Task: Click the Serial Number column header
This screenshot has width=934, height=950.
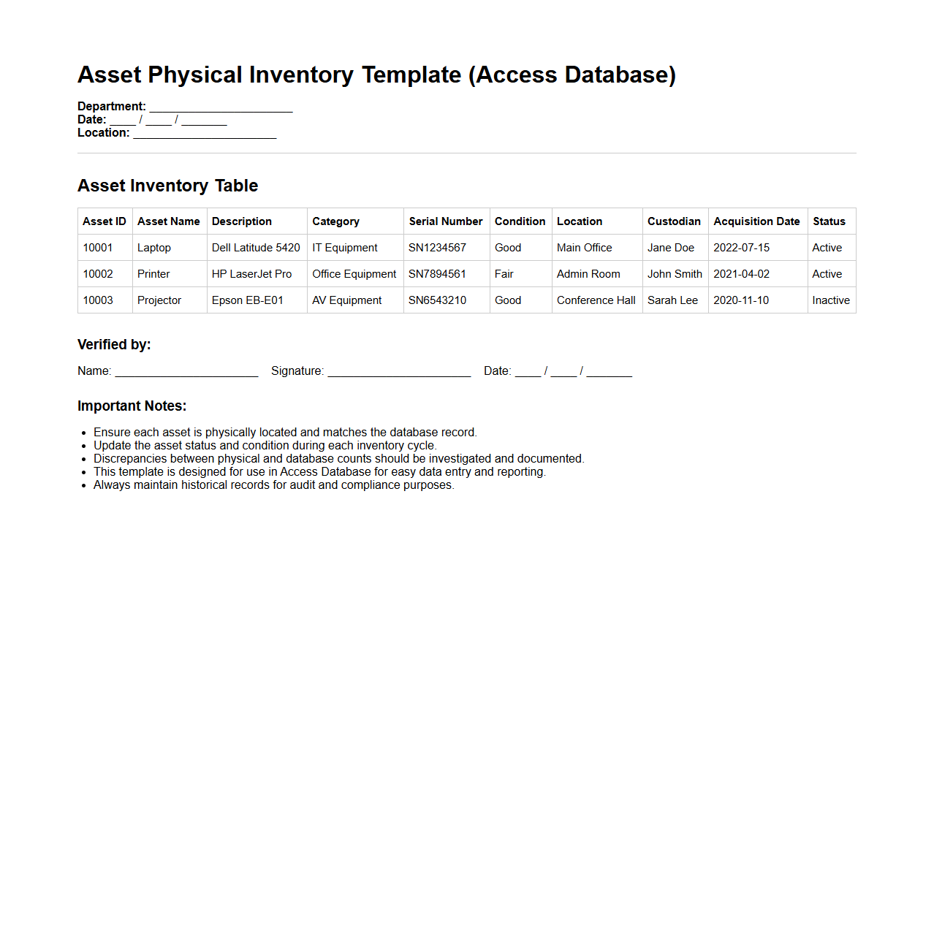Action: pyautogui.click(x=445, y=221)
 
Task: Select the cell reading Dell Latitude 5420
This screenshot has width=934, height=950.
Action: pyautogui.click(x=256, y=248)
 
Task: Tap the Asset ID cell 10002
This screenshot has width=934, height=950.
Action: pyautogui.click(x=98, y=274)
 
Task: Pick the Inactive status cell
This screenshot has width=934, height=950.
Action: pyautogui.click(x=831, y=300)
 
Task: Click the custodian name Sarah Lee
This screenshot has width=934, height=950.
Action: pyautogui.click(x=672, y=300)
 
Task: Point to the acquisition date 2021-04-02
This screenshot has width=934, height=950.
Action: pyautogui.click(x=741, y=274)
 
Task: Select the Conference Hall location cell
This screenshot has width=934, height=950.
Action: pyautogui.click(x=596, y=300)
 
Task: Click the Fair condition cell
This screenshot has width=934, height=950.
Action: pyautogui.click(x=504, y=274)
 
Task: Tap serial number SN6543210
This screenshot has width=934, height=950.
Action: pyautogui.click(x=437, y=300)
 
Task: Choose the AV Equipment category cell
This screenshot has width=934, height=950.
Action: pyautogui.click(x=346, y=300)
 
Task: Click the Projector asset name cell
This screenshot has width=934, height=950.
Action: pyautogui.click(x=159, y=300)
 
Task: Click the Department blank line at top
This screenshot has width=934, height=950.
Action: pyautogui.click(x=221, y=108)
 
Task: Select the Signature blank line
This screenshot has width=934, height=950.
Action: pyautogui.click(x=399, y=373)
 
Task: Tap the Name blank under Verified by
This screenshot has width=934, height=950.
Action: pyautogui.click(x=186, y=373)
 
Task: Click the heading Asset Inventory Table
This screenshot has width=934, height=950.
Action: pyautogui.click(x=167, y=186)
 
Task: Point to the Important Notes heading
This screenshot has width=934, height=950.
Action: pyautogui.click(x=132, y=406)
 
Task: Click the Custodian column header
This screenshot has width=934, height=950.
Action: pyautogui.click(x=674, y=221)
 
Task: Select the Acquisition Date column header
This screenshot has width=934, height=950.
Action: pyautogui.click(x=756, y=221)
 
